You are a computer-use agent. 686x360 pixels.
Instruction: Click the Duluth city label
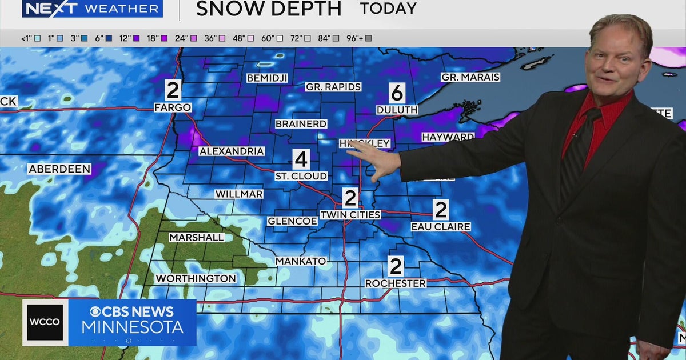pos(397,109)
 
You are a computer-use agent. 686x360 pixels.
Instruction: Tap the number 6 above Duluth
pos(397,93)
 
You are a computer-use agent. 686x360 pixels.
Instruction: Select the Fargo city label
pos(172,107)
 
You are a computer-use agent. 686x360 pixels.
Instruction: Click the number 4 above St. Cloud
pos(301,159)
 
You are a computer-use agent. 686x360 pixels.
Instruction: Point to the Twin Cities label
pos(350,215)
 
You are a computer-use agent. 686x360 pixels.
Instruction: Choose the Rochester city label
pos(396,283)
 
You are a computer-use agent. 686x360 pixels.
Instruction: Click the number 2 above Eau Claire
pos(440,210)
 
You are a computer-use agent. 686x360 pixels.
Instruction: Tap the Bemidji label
pos(267,78)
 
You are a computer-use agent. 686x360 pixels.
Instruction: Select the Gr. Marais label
pos(470,77)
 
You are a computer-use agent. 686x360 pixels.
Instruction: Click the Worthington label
pos(196,278)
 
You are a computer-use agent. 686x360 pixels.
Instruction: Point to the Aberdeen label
pos(59,169)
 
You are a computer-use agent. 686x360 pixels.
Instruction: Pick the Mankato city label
pos(301,261)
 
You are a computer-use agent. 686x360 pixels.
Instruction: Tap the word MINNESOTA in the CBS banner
pos(132,327)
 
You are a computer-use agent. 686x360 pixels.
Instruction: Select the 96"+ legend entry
pos(368,38)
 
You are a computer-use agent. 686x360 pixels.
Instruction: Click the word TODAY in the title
pos(388,9)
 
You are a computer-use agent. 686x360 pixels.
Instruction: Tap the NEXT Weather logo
pos(92,9)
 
